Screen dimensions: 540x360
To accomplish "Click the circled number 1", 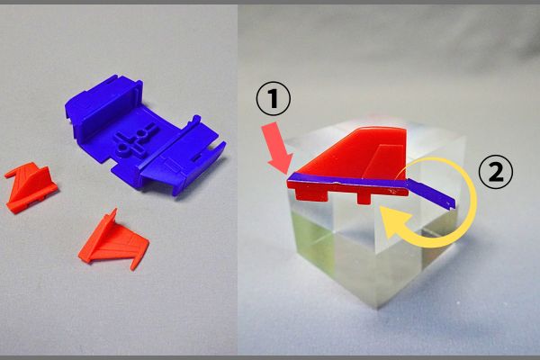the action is pyautogui.click(x=273, y=99).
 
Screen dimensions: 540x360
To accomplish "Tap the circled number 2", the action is pyautogui.click(x=495, y=173).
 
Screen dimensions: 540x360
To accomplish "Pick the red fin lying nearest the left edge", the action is pyautogui.click(x=31, y=187).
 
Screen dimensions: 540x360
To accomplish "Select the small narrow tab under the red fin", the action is pyautogui.click(x=364, y=198).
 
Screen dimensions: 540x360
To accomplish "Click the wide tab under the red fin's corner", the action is pyautogui.click(x=312, y=195).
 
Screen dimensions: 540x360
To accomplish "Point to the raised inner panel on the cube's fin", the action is pyautogui.click(x=383, y=162).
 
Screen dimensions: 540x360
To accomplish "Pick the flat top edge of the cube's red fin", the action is pyautogui.click(x=382, y=128).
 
